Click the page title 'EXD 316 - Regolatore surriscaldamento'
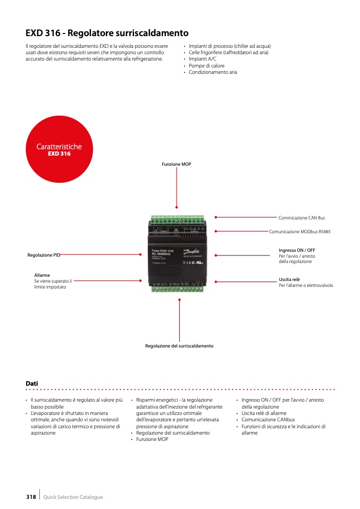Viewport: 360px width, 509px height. click(107, 33)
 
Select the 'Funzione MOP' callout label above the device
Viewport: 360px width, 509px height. click(177, 165)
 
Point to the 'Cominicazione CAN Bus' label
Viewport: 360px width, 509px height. click(302, 218)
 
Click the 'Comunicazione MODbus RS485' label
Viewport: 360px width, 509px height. click(299, 232)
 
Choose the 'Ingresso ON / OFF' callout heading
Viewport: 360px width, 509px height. click(297, 250)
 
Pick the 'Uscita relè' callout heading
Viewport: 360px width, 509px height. click(289, 279)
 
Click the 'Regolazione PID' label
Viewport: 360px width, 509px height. click(44, 256)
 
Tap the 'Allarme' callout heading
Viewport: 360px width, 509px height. click(42, 275)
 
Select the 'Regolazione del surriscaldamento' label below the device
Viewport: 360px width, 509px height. click(179, 346)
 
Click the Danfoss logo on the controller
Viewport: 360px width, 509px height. click(191, 253)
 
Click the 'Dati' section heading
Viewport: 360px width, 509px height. click(32, 384)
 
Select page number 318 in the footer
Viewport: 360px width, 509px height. click(31, 497)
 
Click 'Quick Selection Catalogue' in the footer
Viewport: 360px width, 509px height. click(73, 497)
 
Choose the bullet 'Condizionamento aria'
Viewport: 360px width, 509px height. click(213, 72)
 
